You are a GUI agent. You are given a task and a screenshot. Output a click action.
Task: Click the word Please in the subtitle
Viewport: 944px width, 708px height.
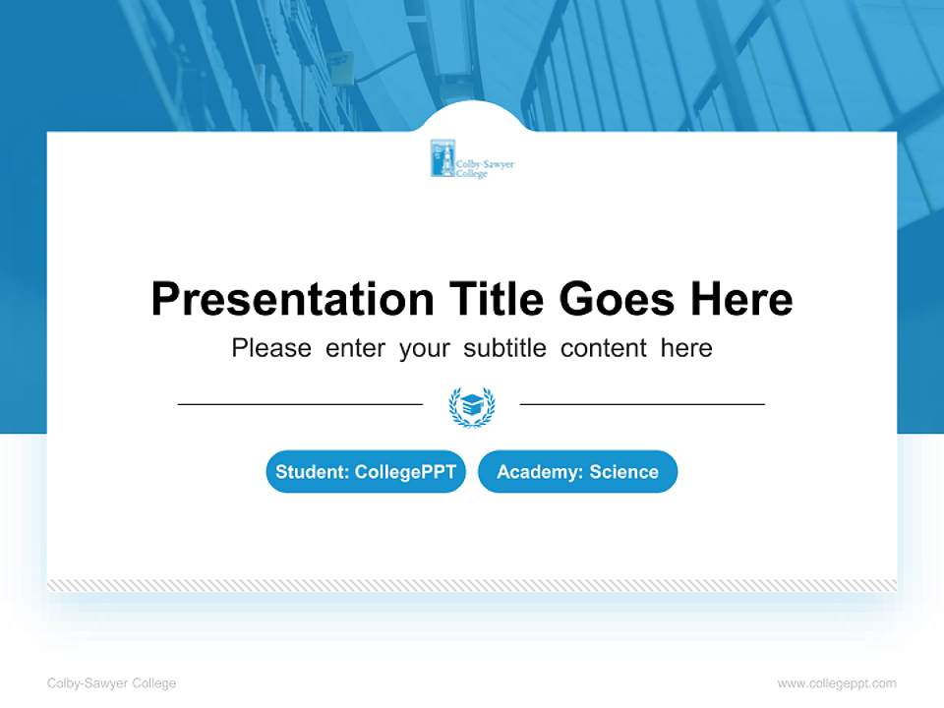pyautogui.click(x=271, y=348)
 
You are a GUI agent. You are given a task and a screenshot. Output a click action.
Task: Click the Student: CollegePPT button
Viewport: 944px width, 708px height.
pyautogui.click(x=366, y=472)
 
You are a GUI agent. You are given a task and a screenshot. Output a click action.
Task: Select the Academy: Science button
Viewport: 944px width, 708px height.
pyautogui.click(x=577, y=472)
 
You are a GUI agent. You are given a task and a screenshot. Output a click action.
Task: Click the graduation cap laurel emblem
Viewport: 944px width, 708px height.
pyautogui.click(x=472, y=406)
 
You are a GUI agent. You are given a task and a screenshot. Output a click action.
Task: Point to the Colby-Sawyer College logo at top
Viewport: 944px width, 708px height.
pyautogui.click(x=472, y=159)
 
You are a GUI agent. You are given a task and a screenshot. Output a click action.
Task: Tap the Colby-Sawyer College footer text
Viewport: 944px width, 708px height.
pyautogui.click(x=111, y=683)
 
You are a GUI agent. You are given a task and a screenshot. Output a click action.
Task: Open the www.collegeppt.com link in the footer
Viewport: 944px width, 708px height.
pyautogui.click(x=837, y=683)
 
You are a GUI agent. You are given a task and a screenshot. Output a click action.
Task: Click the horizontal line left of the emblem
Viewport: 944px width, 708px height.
pyautogui.click(x=300, y=404)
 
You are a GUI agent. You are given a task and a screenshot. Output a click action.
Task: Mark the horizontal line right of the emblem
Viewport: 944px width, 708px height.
pyautogui.click(x=642, y=404)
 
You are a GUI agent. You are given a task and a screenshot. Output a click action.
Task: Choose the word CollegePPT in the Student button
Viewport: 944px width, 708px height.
pyautogui.click(x=405, y=472)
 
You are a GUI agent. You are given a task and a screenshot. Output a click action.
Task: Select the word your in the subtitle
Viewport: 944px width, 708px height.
pyautogui.click(x=425, y=348)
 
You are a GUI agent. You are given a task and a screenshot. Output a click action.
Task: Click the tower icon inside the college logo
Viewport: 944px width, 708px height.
pyautogui.click(x=442, y=159)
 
